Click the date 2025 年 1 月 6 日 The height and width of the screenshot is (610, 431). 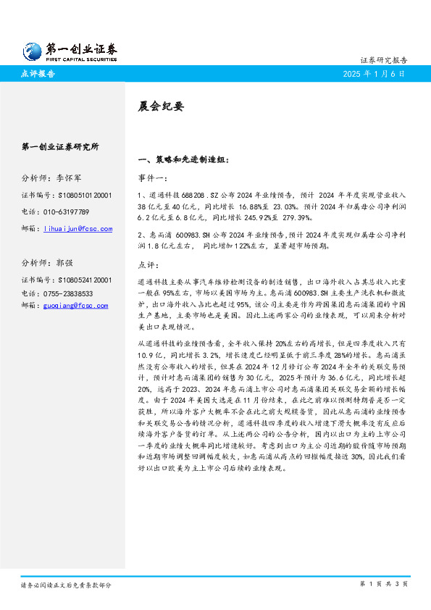pyautogui.click(x=374, y=74)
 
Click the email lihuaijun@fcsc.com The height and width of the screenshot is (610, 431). pyautogui.click(x=78, y=229)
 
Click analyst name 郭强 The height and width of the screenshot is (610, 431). pyautogui.click(x=64, y=263)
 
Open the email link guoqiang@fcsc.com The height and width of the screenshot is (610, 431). pyautogui.click(x=76, y=306)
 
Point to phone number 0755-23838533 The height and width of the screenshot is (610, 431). pyautogui.click(x=69, y=293)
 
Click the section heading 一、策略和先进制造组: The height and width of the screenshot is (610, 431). pyautogui.click(x=183, y=159)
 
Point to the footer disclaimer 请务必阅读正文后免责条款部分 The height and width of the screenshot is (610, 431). pyautogui.click(x=66, y=584)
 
